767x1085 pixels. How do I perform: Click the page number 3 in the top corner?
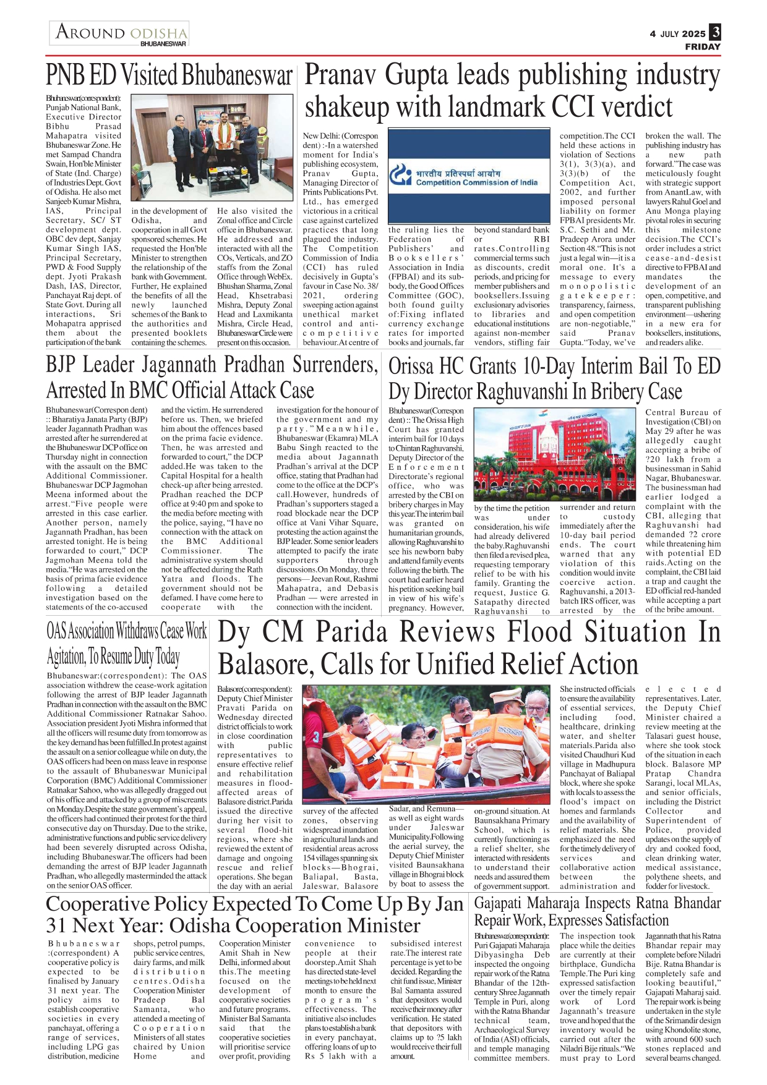715,32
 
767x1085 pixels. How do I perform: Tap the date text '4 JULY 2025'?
677,34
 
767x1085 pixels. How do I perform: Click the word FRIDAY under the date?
703,47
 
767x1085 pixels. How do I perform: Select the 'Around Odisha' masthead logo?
120,33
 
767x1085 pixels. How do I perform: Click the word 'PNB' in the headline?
66,75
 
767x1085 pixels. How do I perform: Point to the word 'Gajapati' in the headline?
503,903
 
